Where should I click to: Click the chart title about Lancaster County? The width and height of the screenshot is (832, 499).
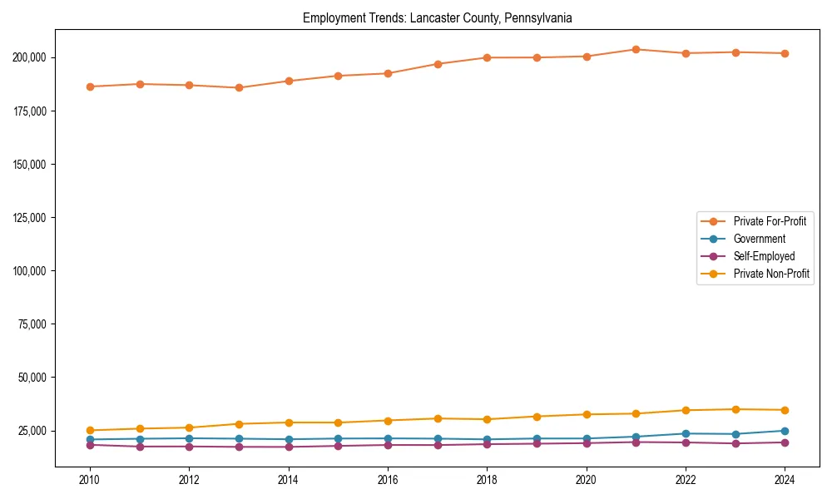[438, 17]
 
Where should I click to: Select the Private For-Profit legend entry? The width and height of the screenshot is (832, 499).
[770, 221]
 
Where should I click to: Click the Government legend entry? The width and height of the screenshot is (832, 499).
[759, 239]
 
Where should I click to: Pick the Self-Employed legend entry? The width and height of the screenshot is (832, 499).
[764, 256]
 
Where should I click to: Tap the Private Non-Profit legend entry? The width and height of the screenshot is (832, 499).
[771, 274]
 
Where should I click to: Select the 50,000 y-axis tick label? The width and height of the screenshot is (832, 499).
[32, 378]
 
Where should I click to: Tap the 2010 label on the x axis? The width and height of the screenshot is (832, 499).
[90, 480]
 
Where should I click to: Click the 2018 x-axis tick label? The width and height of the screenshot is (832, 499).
[488, 480]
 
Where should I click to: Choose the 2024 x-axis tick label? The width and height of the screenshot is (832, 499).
[785, 480]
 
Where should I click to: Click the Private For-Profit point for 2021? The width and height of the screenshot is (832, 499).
[636, 49]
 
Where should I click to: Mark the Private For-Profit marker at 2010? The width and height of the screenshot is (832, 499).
[90, 86]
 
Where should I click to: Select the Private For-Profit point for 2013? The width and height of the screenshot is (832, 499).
[239, 87]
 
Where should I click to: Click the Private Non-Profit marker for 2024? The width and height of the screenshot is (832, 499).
[785, 410]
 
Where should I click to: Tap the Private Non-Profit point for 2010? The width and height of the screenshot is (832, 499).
[90, 431]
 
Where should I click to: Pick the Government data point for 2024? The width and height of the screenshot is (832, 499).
[785, 431]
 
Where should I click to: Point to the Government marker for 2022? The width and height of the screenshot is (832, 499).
[686, 433]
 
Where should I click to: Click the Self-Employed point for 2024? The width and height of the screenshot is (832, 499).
[785, 442]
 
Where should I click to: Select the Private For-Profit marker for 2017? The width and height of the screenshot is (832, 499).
[438, 64]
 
